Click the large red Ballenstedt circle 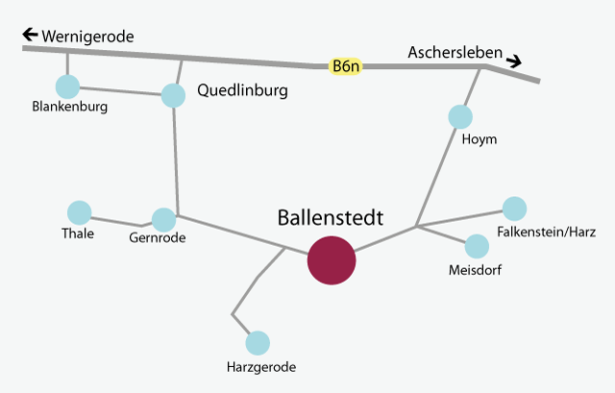(x=331, y=260)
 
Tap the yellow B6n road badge (x=346, y=66)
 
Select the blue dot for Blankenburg (x=68, y=87)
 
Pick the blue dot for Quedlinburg (x=173, y=95)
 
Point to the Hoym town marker (x=461, y=117)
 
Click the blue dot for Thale (x=79, y=212)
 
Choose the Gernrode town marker (x=164, y=220)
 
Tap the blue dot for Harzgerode (x=258, y=342)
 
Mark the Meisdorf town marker (x=478, y=247)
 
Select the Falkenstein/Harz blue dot (x=515, y=208)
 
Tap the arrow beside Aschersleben (x=515, y=61)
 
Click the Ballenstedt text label (x=330, y=218)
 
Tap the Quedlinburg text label (x=242, y=91)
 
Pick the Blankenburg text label (x=69, y=108)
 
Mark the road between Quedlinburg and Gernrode (x=176, y=159)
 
